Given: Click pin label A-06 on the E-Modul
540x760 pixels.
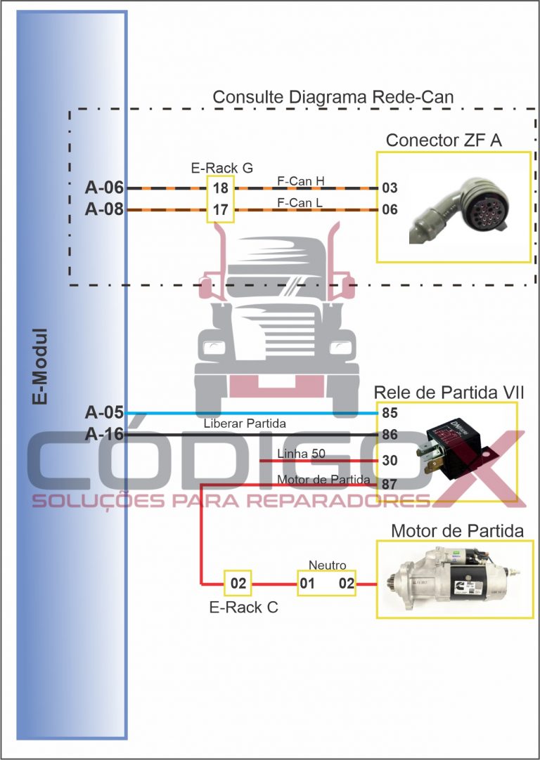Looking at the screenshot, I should [104, 188].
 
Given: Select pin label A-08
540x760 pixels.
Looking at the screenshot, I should [104, 209].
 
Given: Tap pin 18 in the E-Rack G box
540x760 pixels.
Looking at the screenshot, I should [219, 188].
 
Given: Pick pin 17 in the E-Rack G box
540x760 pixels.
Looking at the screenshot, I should [219, 209].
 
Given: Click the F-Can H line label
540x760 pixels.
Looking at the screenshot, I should [301, 182].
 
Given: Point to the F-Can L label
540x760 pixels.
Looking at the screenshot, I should [301, 203].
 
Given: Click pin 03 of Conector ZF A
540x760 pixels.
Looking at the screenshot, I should [390, 188].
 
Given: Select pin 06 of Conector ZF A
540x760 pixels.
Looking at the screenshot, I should [390, 209].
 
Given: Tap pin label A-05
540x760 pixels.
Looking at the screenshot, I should [104, 412].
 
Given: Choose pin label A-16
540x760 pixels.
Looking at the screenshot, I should [104, 435].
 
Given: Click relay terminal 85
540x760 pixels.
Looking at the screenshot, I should [390, 412].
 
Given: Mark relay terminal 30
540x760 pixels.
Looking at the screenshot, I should [390, 461].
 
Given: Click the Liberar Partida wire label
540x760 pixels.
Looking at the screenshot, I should [245, 424].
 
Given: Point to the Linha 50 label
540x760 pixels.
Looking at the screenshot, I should [301, 454].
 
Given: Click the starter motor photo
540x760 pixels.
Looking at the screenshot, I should [450, 577].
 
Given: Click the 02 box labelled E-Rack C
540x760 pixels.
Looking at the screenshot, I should [238, 584].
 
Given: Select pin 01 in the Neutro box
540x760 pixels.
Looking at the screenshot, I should [307, 584].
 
